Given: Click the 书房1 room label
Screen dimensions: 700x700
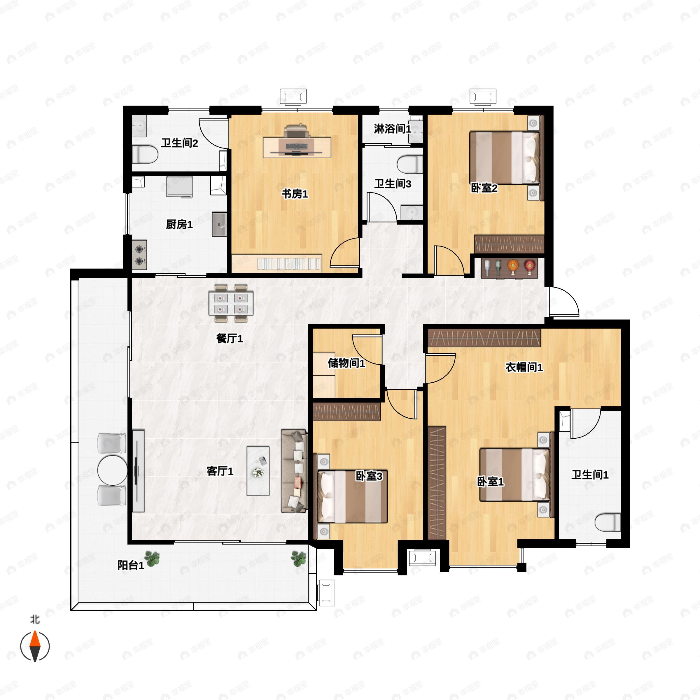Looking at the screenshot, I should click(x=295, y=194).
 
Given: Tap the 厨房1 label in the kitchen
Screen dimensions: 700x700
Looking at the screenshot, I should click(x=179, y=224).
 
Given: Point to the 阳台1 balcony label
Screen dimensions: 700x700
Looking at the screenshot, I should click(x=131, y=565).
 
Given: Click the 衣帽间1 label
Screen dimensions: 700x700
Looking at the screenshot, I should click(x=524, y=367).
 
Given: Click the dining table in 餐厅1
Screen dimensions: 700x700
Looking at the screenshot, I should click(x=231, y=303).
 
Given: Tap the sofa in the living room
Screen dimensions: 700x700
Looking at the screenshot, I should click(x=294, y=471).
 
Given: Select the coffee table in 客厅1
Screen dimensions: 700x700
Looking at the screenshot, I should click(x=258, y=471).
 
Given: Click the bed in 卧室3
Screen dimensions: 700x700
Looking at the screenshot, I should click(x=352, y=496).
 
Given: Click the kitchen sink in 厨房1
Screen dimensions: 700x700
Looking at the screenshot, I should click(x=219, y=224).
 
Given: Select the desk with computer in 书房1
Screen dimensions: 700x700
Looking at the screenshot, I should click(x=297, y=147).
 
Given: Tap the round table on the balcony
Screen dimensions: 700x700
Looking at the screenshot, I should click(x=112, y=470).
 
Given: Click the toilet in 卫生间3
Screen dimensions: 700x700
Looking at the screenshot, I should click(x=410, y=164).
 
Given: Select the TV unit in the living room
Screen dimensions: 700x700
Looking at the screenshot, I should click(x=138, y=471).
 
